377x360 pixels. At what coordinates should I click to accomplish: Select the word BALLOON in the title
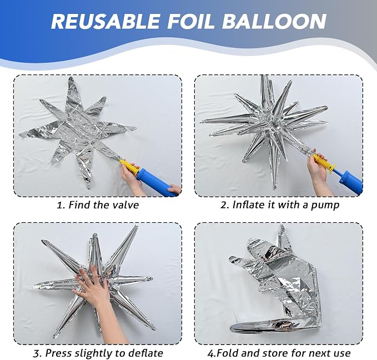point(274,22)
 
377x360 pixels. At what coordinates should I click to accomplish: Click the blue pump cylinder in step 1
point(157,182)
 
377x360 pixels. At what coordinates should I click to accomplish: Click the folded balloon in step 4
point(275,279)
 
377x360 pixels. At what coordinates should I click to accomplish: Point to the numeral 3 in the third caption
point(37,353)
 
